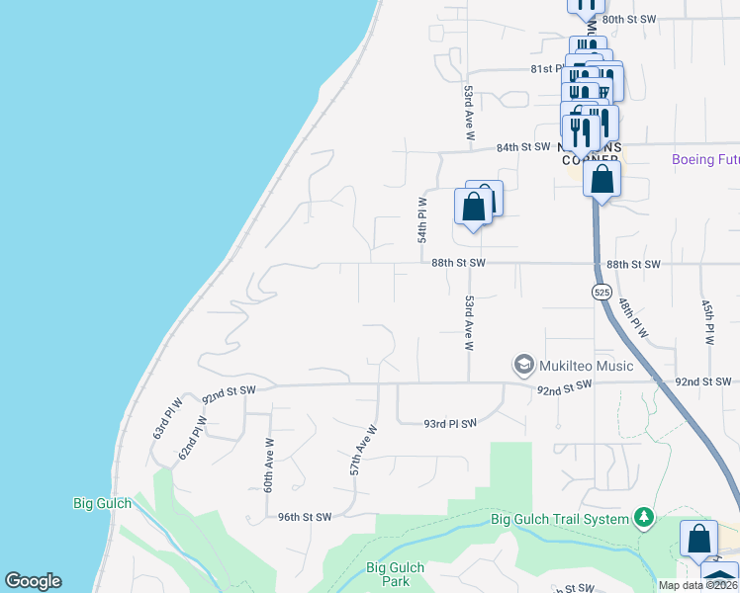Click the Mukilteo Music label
coord(586,366)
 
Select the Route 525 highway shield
coord(601,292)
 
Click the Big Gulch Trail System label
coord(560,519)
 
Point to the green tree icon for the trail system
coord(644,517)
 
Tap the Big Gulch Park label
coord(395,574)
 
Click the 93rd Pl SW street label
coord(450,423)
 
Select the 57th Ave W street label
coord(364,451)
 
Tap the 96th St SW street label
coord(304,517)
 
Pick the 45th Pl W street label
coord(707,322)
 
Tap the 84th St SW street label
coord(522,147)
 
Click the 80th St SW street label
coord(629,19)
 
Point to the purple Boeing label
coord(704,160)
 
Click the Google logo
coord(33,581)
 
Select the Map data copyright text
coord(697,585)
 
